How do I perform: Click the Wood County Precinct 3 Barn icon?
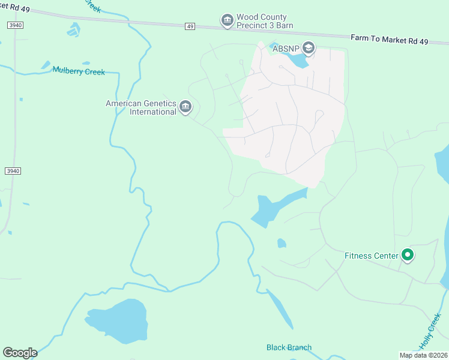pos(227,22)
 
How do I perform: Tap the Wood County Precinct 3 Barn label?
pos(262,22)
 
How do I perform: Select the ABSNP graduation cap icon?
pos(309,47)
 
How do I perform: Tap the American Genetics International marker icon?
pos(185,107)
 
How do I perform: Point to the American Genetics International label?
pos(141,107)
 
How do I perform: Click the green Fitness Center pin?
pos(408,256)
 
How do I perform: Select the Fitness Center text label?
pos(371,256)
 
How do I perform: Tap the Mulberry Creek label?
pos(79,72)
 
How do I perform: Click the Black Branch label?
pos(289,347)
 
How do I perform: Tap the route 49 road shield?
pos(190,26)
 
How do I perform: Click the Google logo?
pos(20,352)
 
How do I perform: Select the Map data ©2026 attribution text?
pos(424,355)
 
